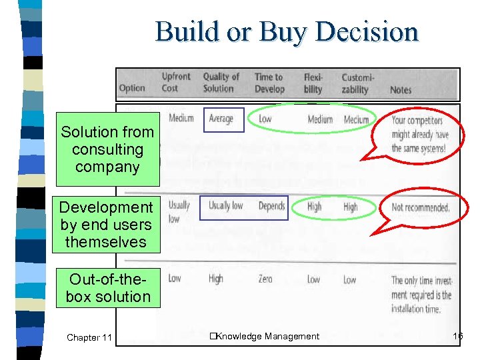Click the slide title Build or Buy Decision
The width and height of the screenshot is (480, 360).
click(287, 31)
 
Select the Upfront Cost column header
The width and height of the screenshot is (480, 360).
click(176, 83)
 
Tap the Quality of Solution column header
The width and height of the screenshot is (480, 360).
click(221, 83)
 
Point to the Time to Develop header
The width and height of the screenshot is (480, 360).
click(269, 83)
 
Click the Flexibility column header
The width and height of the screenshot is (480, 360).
click(313, 83)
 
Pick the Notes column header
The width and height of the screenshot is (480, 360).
click(401, 89)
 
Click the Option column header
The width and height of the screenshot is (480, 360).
click(132, 88)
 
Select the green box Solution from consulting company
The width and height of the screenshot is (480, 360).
click(107, 149)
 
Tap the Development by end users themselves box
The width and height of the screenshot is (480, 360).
click(107, 225)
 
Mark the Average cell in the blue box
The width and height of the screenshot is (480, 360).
click(223, 119)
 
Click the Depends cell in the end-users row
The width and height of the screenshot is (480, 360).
click(271, 206)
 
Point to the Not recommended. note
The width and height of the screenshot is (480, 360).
click(421, 207)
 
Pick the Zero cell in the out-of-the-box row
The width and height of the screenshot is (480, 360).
click(265, 279)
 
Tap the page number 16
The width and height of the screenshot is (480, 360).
click(457, 336)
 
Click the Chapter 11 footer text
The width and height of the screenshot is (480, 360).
click(89, 337)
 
